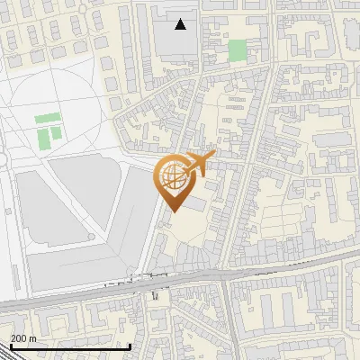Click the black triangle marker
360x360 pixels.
coord(182,24)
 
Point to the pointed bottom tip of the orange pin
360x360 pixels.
coord(171,211)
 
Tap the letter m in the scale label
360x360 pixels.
coord(32,338)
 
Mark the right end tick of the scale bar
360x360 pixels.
coord(130,345)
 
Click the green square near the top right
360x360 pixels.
coord(237,50)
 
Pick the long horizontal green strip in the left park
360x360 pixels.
coord(48,119)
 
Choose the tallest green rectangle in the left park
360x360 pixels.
coord(44,139)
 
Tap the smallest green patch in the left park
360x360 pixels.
coord(56,133)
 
